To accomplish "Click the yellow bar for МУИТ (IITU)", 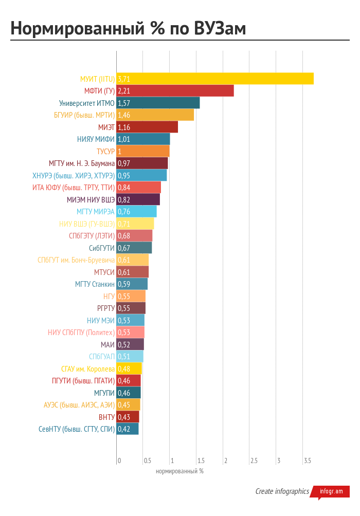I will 215,79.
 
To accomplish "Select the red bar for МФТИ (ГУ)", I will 175,91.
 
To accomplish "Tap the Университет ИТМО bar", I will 158,103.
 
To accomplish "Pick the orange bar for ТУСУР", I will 143,151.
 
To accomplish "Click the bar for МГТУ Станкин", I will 132,284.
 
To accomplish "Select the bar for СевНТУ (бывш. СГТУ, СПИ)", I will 128,429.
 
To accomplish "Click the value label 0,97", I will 123,163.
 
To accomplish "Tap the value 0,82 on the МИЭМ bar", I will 123,199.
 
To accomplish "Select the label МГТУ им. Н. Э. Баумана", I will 82,163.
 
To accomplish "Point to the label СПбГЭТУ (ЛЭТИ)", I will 92,236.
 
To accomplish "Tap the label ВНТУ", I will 106,417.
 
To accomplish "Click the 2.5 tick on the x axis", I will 254,460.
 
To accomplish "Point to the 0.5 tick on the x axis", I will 148,460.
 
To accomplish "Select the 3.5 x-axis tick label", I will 308,460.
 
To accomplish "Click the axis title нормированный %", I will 179,471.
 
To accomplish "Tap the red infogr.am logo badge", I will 331,491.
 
